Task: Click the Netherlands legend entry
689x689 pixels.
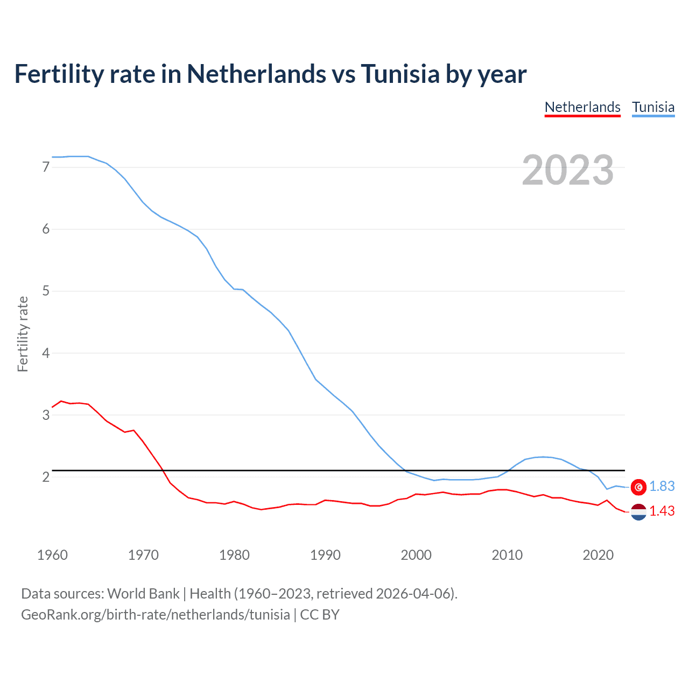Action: point(582,107)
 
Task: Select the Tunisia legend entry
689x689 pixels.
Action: point(653,107)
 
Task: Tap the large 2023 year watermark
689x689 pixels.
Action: point(567,170)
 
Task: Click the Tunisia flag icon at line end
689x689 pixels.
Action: point(638,487)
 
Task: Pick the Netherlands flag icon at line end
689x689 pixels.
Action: point(638,511)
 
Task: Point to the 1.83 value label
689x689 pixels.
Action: point(662,487)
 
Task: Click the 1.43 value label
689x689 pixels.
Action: point(662,511)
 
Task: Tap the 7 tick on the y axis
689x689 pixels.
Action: point(46,167)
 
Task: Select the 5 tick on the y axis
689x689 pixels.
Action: point(46,291)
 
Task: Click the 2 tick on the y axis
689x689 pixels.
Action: point(46,477)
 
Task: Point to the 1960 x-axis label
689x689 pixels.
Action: point(52,555)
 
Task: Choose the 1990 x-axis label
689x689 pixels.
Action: point(325,555)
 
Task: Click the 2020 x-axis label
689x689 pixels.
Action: point(598,555)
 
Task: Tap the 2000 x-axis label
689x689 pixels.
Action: point(416,555)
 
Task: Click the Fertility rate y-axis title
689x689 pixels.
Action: point(23,334)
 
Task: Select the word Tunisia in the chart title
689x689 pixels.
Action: point(400,74)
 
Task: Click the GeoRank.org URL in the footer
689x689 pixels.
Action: point(156,615)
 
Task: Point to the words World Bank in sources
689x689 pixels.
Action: point(143,594)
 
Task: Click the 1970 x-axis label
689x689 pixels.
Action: point(143,555)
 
